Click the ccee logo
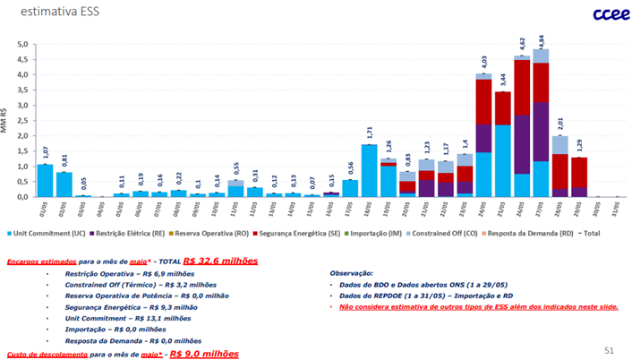(600, 13)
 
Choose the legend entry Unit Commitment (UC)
(51, 232)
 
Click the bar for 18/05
(369, 170)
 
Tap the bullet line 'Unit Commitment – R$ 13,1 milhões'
(137, 317)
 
